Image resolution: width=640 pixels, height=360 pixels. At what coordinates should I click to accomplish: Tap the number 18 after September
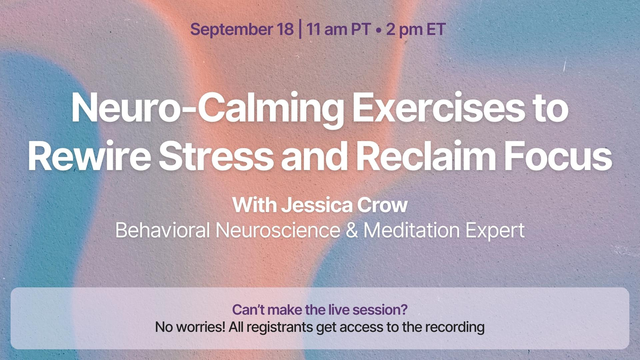[x=285, y=29]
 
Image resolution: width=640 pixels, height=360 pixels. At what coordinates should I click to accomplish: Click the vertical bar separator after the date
[x=300, y=29]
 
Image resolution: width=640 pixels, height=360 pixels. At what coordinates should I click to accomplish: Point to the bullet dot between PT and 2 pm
[x=378, y=30]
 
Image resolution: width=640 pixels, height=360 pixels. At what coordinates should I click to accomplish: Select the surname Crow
[x=382, y=205]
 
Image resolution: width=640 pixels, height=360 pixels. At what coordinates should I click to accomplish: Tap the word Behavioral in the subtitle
[x=162, y=230]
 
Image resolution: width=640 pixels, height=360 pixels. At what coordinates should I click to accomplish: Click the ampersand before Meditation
[x=352, y=230]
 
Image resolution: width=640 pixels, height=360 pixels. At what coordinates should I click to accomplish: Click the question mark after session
[x=404, y=310]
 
